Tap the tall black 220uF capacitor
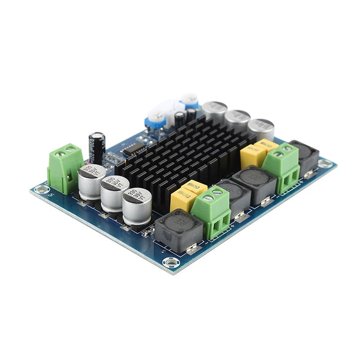(97, 147)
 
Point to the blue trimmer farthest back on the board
(189, 99)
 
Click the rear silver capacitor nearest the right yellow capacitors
(261, 128)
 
